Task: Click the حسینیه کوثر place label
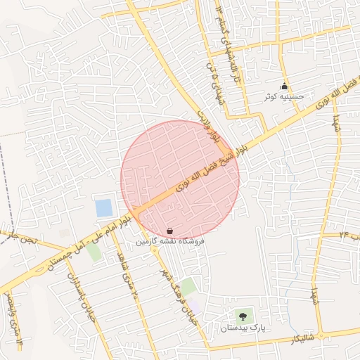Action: click(285, 96)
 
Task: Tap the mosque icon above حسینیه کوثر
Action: click(285, 86)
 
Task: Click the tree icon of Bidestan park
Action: click(243, 316)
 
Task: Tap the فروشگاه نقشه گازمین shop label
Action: click(170, 241)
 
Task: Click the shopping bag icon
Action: click(170, 230)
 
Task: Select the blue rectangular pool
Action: click(103, 208)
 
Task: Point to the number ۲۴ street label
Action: click(349, 234)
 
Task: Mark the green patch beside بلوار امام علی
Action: click(94, 251)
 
